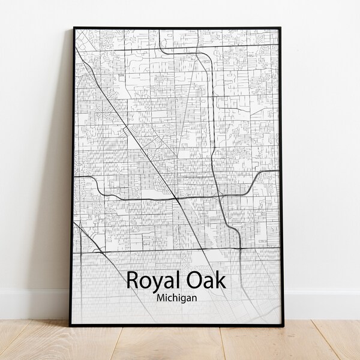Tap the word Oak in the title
click(205, 280)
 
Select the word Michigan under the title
click(178, 296)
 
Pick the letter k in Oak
click(221, 280)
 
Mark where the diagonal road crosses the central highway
click(175, 197)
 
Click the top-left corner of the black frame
click(74, 28)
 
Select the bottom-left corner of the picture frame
click(70, 325)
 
